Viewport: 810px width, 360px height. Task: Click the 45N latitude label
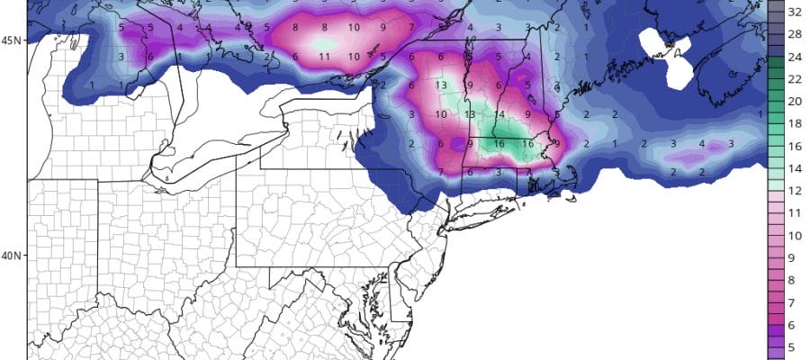13,40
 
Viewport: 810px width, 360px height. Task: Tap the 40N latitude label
13,255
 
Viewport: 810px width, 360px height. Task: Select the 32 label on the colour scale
796,13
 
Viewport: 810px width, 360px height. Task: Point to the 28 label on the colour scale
796,35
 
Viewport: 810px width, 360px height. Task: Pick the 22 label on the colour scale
796,79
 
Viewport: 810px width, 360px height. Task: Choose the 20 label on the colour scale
796,102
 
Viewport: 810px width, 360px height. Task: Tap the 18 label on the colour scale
796,123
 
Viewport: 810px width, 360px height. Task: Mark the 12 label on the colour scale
796,190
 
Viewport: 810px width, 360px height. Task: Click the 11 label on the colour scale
796,212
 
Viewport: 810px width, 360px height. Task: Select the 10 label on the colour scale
796,235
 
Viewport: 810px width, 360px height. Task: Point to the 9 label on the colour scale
796,256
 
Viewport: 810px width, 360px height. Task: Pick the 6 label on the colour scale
796,323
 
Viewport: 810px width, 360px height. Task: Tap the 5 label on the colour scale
796,346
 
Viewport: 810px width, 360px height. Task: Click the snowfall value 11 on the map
325,57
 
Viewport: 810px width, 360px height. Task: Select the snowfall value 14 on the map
499,114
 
